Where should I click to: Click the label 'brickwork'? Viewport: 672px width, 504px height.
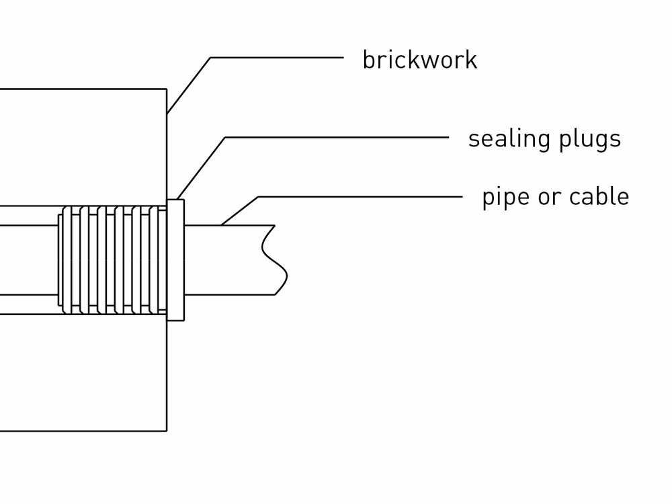point(419,60)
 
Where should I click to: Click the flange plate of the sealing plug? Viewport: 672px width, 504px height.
point(175,259)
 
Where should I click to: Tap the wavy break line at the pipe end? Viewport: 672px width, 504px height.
point(275,259)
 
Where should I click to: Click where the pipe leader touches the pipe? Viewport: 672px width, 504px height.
point(222,224)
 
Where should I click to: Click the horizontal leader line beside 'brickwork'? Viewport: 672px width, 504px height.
point(276,58)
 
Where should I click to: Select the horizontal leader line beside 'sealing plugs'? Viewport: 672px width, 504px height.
point(336,138)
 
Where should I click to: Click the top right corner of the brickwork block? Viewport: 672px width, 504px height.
point(166,89)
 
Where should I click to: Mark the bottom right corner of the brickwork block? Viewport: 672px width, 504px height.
point(166,429)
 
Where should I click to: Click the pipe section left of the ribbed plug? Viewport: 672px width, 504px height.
point(27,259)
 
